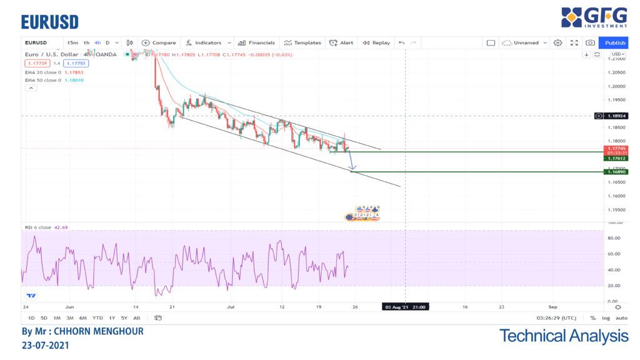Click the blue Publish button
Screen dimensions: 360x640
[x=615, y=42]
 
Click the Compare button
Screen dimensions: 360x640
[x=159, y=42]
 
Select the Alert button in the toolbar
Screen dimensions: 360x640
[x=341, y=42]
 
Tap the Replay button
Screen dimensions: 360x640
[x=376, y=42]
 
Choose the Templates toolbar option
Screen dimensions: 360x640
[x=302, y=42]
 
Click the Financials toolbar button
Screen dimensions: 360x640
[x=257, y=42]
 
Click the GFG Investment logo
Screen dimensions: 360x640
[x=594, y=17]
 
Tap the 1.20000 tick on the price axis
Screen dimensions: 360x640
[x=617, y=86]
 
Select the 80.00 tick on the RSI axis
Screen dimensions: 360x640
[x=614, y=238]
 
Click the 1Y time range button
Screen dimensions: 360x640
[x=111, y=318]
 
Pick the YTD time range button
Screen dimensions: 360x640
[x=97, y=318]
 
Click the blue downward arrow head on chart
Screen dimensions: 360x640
[x=352, y=167]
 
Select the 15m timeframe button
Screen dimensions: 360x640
[x=72, y=42]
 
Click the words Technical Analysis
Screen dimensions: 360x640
[x=564, y=336]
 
